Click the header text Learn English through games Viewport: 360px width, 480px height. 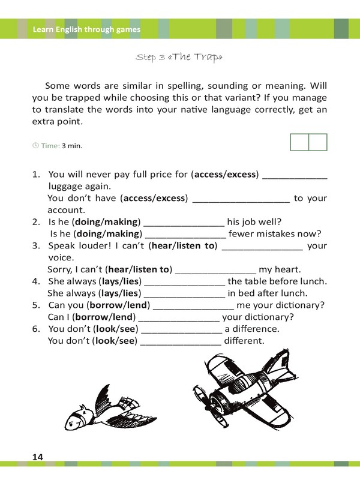tap(86, 29)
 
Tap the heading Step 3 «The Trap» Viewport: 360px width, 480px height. tap(179, 58)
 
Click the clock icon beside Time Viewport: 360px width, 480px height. tap(35, 145)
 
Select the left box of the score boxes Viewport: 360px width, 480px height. tap(299, 143)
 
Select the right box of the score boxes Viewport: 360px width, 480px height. tap(318, 143)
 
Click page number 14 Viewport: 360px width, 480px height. tap(38, 458)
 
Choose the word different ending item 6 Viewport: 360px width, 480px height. tap(244, 341)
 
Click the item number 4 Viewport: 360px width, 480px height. tap(35, 281)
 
